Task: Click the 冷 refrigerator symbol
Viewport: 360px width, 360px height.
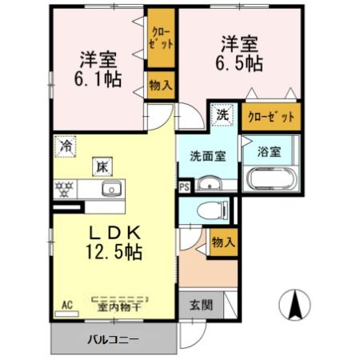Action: [x=65, y=148]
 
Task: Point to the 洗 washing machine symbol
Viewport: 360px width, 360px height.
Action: [x=222, y=114]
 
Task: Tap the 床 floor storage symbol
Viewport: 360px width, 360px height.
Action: [x=103, y=167]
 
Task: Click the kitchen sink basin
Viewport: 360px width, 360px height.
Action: [x=110, y=190]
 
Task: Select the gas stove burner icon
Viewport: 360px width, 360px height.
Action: [x=64, y=190]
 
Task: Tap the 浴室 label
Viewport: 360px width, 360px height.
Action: [x=269, y=151]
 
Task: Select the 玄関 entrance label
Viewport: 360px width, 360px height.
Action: [x=202, y=304]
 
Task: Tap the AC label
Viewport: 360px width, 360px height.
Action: [x=66, y=304]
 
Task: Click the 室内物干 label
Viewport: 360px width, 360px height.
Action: [x=119, y=305]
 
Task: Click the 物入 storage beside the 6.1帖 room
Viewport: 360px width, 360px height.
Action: [x=159, y=86]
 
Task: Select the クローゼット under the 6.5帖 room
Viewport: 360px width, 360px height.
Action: [x=271, y=116]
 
